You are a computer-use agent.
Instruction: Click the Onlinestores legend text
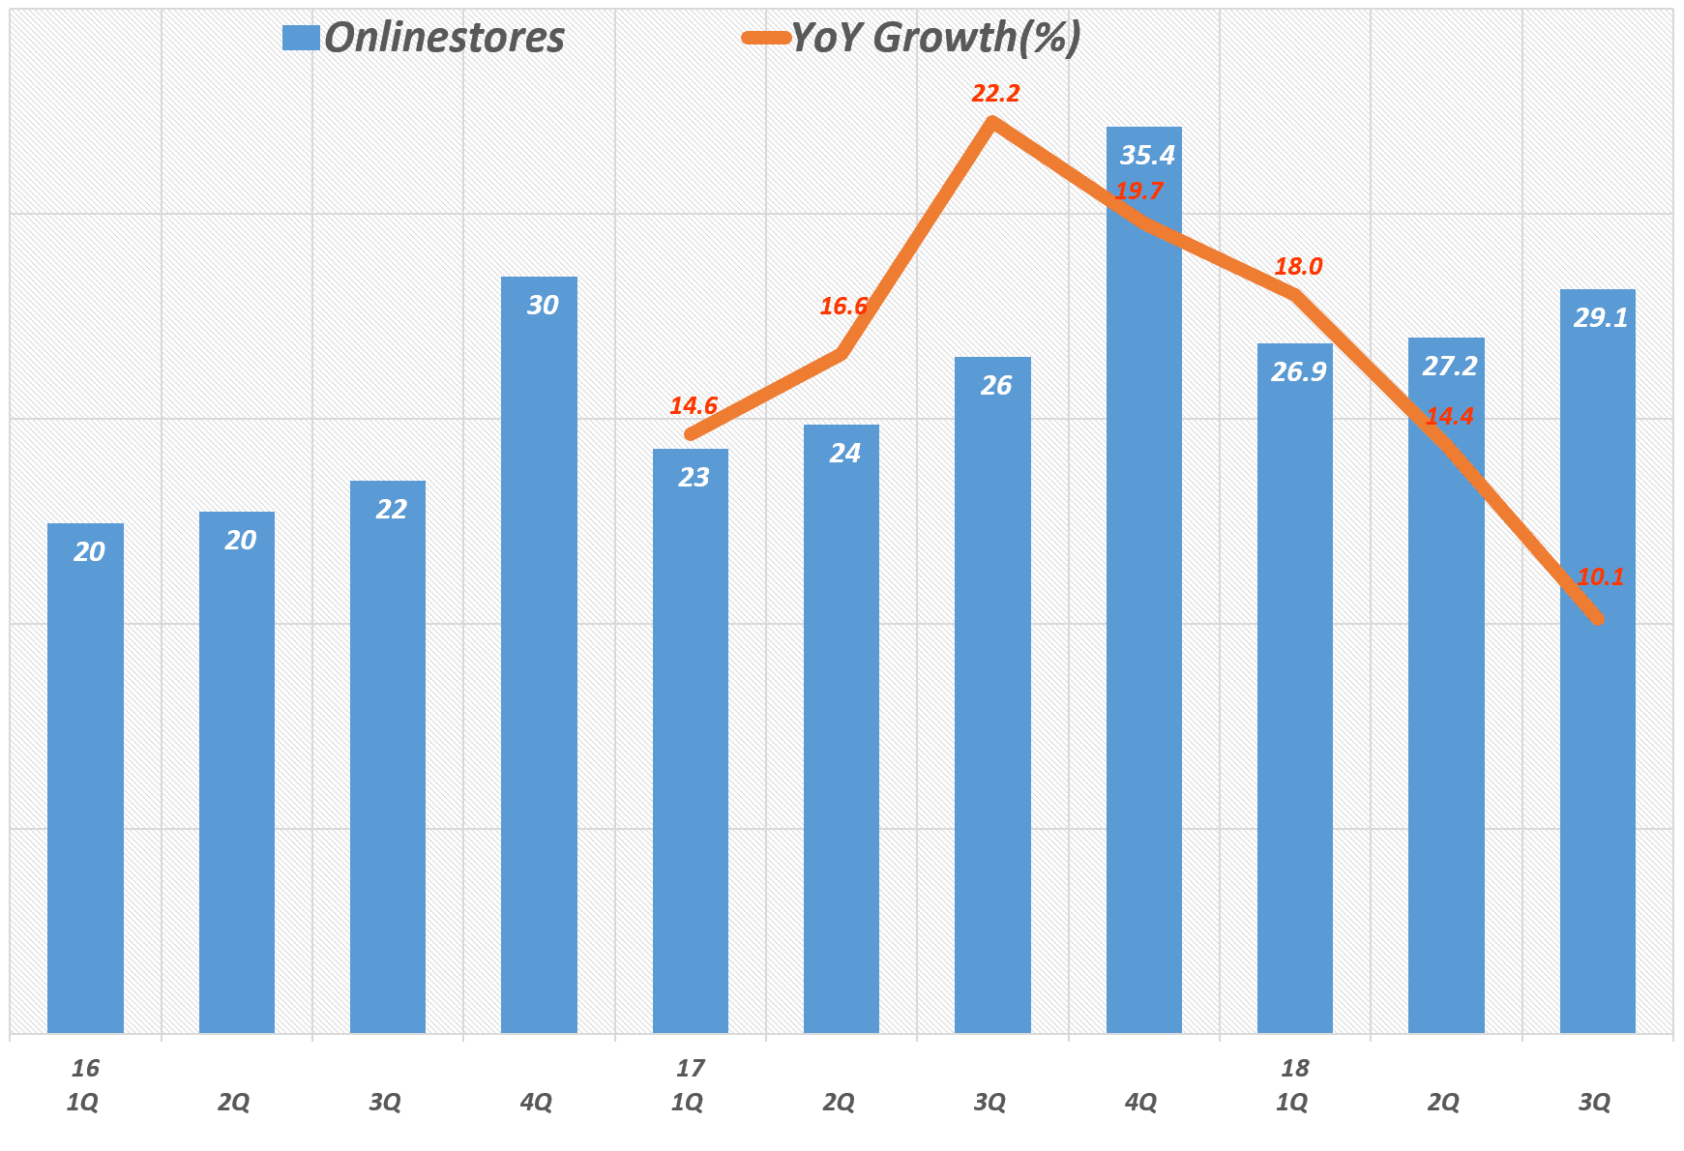444,39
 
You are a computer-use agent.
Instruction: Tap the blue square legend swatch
300,39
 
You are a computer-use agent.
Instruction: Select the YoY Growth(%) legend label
935,39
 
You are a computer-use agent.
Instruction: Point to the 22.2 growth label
995,94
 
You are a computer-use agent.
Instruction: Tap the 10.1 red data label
1600,577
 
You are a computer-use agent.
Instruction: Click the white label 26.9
1298,372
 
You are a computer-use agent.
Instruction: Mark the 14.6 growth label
694,406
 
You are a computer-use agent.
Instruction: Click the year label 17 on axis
690,1069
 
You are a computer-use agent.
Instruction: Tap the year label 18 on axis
1294,1069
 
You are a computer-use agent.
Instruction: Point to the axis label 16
85,1069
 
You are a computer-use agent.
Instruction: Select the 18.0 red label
1298,267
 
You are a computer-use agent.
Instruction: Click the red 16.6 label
842,307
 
